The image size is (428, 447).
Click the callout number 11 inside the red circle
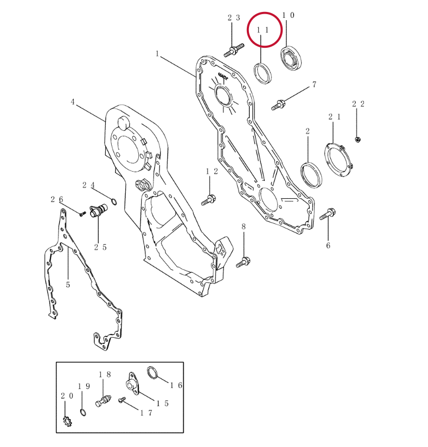pyautogui.click(x=263, y=30)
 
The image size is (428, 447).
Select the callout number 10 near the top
pyautogui.click(x=288, y=15)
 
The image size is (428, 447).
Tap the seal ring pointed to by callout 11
pyautogui.click(x=263, y=73)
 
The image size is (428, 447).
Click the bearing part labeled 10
pyautogui.click(x=291, y=58)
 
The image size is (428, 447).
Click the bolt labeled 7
pyautogui.click(x=278, y=105)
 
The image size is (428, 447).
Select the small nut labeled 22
pyautogui.click(x=358, y=140)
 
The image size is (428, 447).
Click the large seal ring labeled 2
pyautogui.click(x=311, y=175)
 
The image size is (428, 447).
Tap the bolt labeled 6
pyautogui.click(x=328, y=214)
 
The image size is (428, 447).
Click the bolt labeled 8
pyautogui.click(x=243, y=262)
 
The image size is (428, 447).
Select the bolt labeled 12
pyautogui.click(x=208, y=199)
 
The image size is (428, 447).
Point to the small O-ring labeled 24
pyautogui.click(x=113, y=202)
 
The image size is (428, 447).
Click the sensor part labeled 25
pyautogui.click(x=98, y=210)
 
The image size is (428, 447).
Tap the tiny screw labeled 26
pyautogui.click(x=82, y=213)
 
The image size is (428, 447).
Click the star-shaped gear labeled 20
pyautogui.click(x=67, y=421)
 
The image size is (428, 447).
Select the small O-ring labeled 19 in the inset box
pyautogui.click(x=82, y=412)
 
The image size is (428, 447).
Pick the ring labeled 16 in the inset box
pyautogui.click(x=152, y=373)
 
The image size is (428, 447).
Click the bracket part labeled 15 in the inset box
pyautogui.click(x=132, y=383)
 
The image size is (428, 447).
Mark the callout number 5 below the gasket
pyautogui.click(x=68, y=285)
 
